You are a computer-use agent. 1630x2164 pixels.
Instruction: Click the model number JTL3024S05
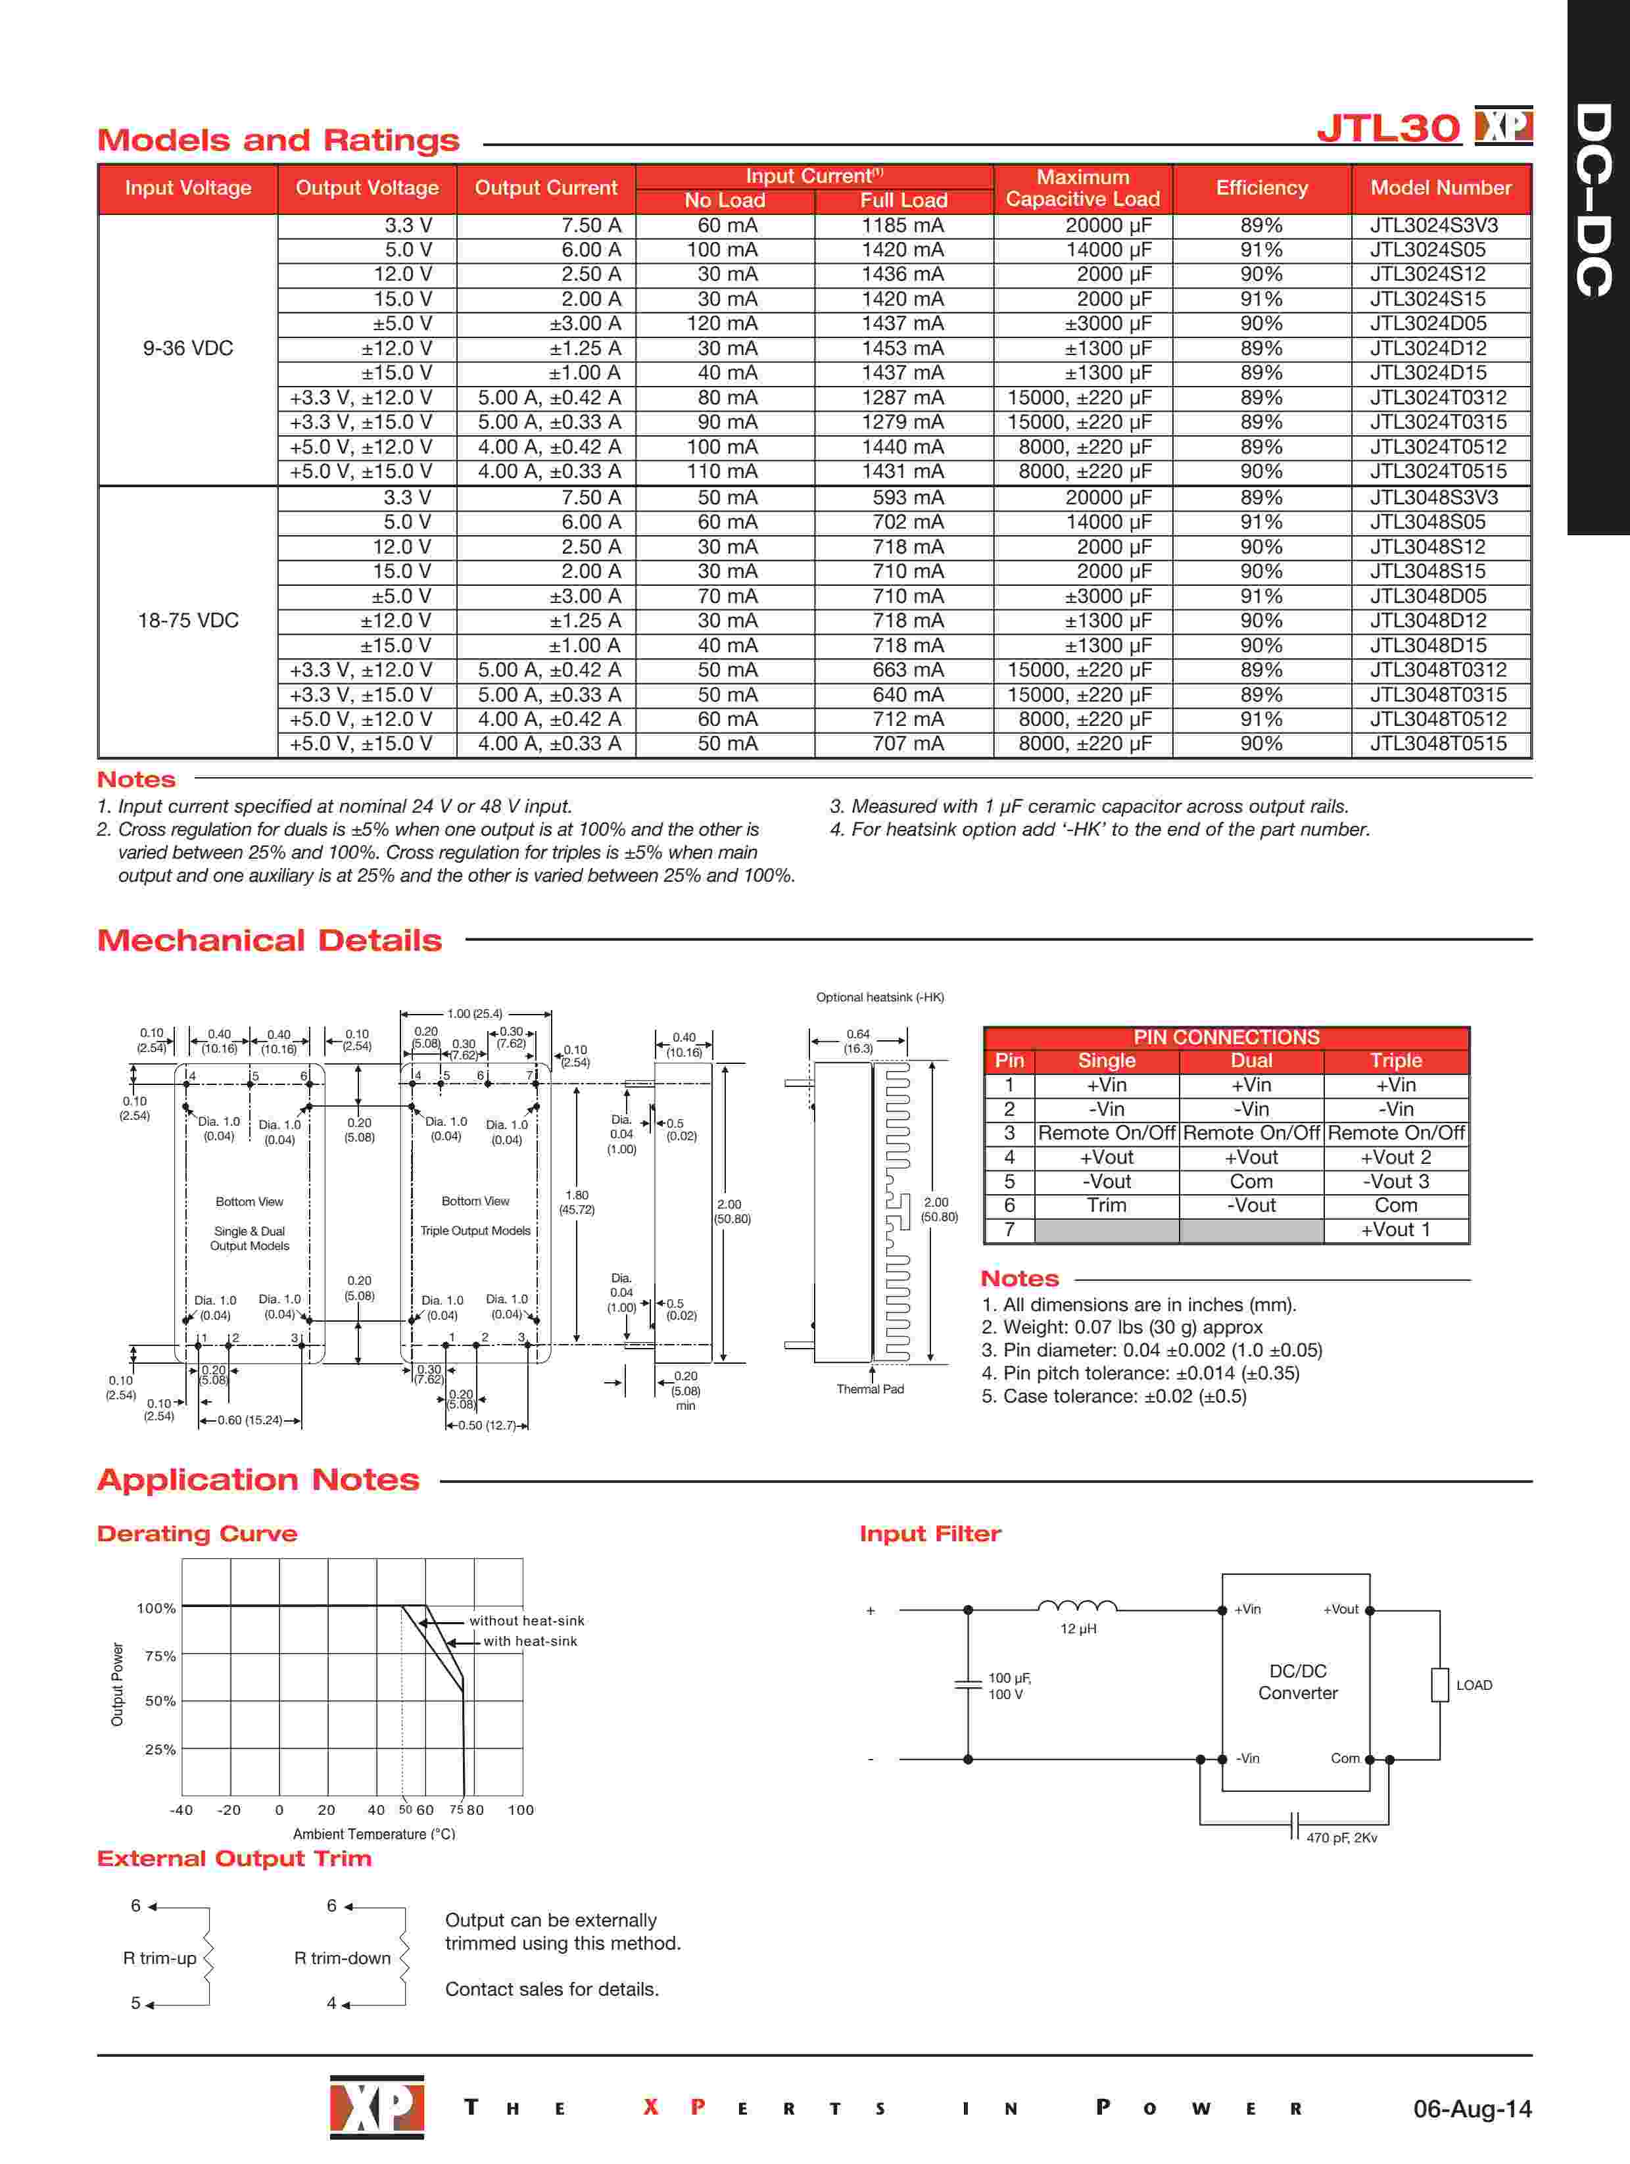pyautogui.click(x=1427, y=249)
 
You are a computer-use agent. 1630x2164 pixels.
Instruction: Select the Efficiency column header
pyautogui.click(x=1261, y=188)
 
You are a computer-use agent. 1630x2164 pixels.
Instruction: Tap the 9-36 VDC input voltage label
pyautogui.click(x=188, y=349)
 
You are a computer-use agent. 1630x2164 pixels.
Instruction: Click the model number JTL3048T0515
pyautogui.click(x=1437, y=744)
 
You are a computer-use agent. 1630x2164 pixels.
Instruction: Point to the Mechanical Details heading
pyautogui.click(x=269, y=940)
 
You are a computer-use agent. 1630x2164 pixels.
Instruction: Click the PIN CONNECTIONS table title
pyautogui.click(x=1226, y=1037)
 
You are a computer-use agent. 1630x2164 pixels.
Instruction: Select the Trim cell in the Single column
pyautogui.click(x=1107, y=1205)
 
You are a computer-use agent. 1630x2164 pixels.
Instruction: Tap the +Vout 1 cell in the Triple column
pyautogui.click(x=1395, y=1230)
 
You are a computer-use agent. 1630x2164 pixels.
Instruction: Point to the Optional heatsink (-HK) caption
pyautogui.click(x=880, y=997)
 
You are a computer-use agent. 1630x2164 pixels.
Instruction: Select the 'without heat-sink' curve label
pyautogui.click(x=527, y=1621)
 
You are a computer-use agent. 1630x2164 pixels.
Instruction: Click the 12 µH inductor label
pyautogui.click(x=1078, y=1629)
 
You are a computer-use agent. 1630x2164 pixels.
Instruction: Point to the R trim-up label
pyautogui.click(x=160, y=1958)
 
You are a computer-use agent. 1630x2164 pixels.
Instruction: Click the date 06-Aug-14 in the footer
pyautogui.click(x=1472, y=2108)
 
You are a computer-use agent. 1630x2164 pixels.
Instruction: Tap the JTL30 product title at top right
pyautogui.click(x=1388, y=128)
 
